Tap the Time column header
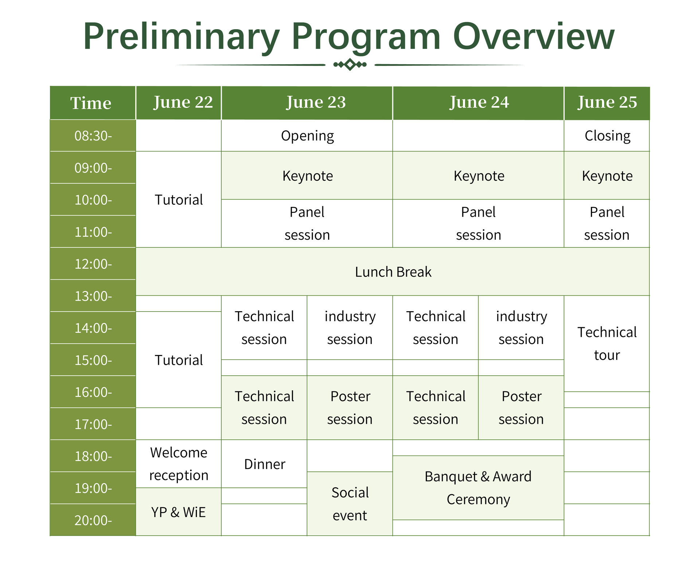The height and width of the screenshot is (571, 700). click(93, 103)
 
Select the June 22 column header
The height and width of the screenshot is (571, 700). click(178, 103)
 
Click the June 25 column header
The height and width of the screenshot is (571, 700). click(607, 103)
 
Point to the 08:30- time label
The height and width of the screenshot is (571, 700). click(93, 136)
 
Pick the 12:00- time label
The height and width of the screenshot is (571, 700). click(93, 264)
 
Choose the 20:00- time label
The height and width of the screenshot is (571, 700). click(93, 520)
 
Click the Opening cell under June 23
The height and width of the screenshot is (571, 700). click(307, 136)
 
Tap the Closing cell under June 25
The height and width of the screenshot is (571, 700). click(607, 136)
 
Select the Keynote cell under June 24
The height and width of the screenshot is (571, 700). click(478, 176)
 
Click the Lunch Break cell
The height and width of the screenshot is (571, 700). click(393, 272)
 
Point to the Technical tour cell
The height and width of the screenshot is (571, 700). click(607, 344)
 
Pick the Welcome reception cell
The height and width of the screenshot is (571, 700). click(178, 464)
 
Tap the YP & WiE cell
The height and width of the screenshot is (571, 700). click(178, 512)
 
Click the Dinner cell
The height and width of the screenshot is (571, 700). click(264, 464)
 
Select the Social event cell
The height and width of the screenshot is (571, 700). click(350, 504)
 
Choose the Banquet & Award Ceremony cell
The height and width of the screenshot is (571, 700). click(478, 488)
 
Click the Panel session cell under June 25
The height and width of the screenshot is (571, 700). click(607, 223)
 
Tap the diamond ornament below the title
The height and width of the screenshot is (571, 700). click(350, 64)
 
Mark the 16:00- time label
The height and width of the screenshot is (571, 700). click(93, 392)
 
